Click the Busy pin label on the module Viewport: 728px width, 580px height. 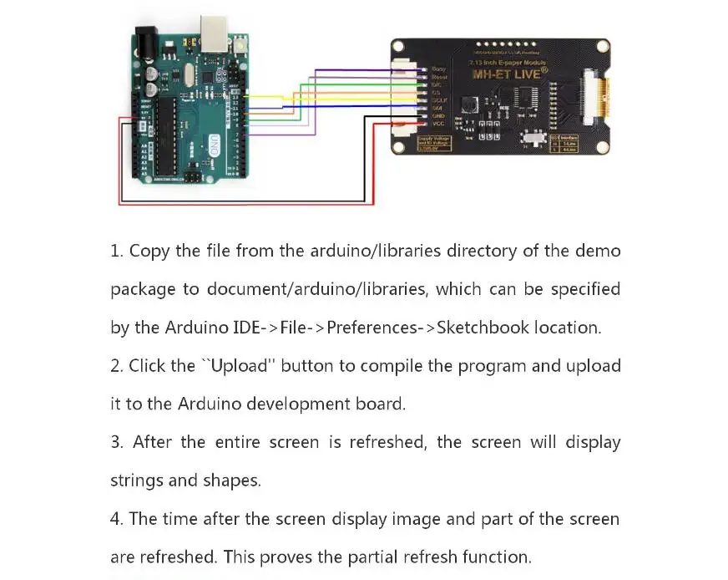point(438,69)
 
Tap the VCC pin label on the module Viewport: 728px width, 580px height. point(438,123)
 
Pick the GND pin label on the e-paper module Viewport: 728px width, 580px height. point(438,115)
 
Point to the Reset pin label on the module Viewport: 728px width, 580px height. point(438,77)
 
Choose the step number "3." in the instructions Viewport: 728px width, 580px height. point(117,442)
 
